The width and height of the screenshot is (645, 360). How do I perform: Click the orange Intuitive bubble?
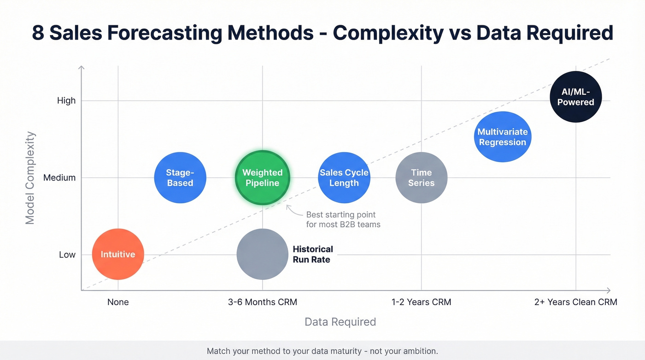pyautogui.click(x=118, y=254)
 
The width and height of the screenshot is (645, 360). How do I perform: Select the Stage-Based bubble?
pyautogui.click(x=180, y=177)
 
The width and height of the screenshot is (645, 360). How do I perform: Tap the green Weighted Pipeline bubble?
pyautogui.click(x=263, y=177)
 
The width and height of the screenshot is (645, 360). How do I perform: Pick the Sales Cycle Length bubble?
pyautogui.click(x=344, y=177)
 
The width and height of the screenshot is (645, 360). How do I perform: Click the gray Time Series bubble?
pyautogui.click(x=421, y=177)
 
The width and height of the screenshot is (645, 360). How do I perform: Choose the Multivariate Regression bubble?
pyautogui.click(x=502, y=137)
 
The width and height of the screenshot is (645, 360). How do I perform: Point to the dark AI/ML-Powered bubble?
pyautogui.click(x=575, y=97)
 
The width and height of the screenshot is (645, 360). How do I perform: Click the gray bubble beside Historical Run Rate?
pyautogui.click(x=262, y=254)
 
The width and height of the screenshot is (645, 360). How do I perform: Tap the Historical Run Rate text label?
pyautogui.click(x=312, y=254)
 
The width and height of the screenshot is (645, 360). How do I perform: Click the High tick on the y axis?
pyautogui.click(x=66, y=100)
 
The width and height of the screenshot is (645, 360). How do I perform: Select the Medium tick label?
pyautogui.click(x=59, y=177)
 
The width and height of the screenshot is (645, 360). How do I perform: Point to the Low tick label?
pyautogui.click(x=67, y=254)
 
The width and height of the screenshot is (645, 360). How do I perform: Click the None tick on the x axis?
pyautogui.click(x=118, y=302)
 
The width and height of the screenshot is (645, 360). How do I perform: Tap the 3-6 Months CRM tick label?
pyautogui.click(x=262, y=302)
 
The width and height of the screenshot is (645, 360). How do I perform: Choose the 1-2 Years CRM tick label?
pyautogui.click(x=421, y=302)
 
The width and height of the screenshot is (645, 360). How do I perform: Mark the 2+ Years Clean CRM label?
pyautogui.click(x=575, y=302)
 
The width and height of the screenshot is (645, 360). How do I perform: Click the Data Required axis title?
pyautogui.click(x=340, y=322)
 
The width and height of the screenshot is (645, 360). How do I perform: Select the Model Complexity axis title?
pyautogui.click(x=30, y=177)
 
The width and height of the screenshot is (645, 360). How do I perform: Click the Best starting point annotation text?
pyautogui.click(x=343, y=220)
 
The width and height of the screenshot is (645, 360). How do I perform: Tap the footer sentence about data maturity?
pyautogui.click(x=322, y=351)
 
